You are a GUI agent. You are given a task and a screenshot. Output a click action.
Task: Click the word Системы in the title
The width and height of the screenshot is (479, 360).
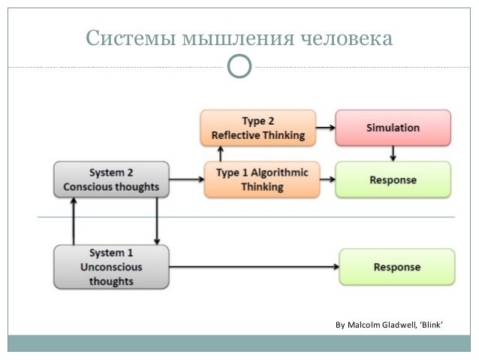[x=130, y=37]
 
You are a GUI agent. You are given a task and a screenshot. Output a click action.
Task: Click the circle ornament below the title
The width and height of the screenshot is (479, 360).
[x=239, y=67]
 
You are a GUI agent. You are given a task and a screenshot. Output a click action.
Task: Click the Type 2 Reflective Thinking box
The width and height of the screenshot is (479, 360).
[x=257, y=128]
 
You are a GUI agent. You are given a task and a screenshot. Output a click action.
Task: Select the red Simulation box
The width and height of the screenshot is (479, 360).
[x=393, y=128]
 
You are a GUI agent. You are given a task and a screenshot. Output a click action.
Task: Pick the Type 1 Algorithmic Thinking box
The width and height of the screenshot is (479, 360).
[x=261, y=179]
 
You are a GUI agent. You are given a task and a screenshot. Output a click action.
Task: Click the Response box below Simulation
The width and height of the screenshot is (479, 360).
[x=393, y=180]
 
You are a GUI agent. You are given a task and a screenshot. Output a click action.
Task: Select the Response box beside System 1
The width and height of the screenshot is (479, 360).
[x=396, y=266]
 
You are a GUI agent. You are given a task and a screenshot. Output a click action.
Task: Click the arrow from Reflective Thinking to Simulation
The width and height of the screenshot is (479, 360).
[x=324, y=128]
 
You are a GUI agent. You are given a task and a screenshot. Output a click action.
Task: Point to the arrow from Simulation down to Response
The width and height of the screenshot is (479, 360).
[x=393, y=153]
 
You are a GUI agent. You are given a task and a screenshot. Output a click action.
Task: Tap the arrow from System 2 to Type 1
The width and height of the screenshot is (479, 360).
[x=188, y=180]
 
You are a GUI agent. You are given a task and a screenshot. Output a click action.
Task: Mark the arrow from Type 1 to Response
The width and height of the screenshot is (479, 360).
[x=327, y=180]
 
